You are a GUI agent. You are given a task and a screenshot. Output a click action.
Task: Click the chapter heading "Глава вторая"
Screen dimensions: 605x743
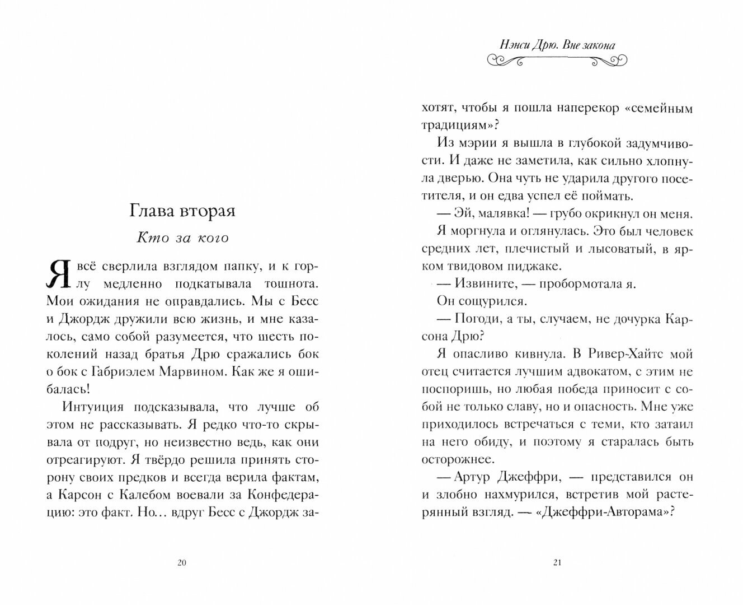182,211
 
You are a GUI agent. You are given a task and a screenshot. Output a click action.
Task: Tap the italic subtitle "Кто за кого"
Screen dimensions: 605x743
183,238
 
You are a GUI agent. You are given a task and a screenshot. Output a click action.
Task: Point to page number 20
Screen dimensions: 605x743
181,563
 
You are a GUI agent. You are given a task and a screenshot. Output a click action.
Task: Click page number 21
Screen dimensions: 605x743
556,563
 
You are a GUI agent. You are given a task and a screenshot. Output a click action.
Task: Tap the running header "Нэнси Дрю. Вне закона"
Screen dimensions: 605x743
557,45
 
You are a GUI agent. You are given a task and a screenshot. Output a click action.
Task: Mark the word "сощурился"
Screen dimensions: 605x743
497,301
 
